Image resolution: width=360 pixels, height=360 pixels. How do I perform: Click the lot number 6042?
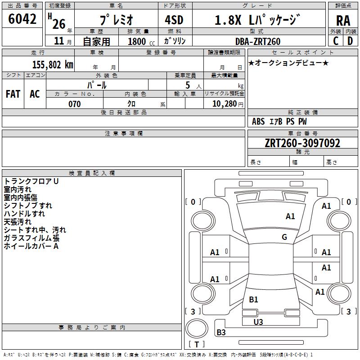pyautogui.click(x=22, y=19)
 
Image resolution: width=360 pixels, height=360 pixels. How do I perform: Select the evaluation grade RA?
pyautogui.click(x=343, y=21)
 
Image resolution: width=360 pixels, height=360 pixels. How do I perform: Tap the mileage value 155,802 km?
pyautogui.click(x=53, y=65)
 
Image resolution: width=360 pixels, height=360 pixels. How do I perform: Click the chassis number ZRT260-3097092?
pyautogui.click(x=302, y=143)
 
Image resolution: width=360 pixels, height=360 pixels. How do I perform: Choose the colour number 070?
pyautogui.click(x=74, y=104)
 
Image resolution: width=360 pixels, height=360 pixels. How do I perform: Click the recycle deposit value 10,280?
pyautogui.click(x=224, y=104)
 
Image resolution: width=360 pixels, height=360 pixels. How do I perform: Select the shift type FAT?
pyautogui.click(x=13, y=94)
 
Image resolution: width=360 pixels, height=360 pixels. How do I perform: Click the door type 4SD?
pyautogui.click(x=177, y=21)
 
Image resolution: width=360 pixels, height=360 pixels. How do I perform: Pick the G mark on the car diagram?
pyautogui.click(x=284, y=237)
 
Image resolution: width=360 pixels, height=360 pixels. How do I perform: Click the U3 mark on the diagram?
pyautogui.click(x=258, y=322)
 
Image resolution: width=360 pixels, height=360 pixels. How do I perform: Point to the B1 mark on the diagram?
pyautogui.click(x=253, y=299)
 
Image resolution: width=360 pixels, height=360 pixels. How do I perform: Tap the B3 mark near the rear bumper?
pyautogui.click(x=221, y=333)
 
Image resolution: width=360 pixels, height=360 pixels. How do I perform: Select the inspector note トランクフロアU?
pyautogui.click(x=31, y=181)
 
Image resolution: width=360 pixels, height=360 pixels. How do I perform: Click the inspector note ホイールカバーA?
pyautogui.click(x=31, y=246)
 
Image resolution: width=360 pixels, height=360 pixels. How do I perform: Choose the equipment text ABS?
pyautogui.click(x=258, y=121)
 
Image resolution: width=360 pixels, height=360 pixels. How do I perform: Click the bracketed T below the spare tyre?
pyautogui.click(x=197, y=344)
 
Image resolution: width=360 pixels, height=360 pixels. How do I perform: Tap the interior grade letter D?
pyautogui.click(x=350, y=41)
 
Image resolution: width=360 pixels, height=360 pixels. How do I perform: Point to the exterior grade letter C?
pyautogui.click(x=336, y=41)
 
